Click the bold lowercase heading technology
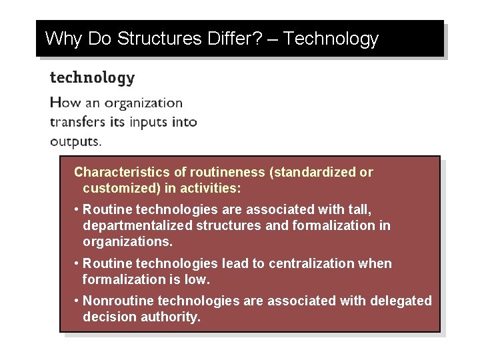click(92, 78)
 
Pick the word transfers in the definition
click(75, 122)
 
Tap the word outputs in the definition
click(75, 141)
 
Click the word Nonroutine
click(117, 301)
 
